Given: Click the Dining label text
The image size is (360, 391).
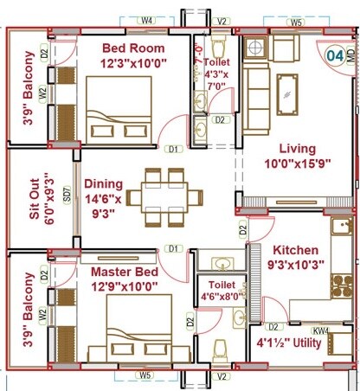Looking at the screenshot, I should point(104,183).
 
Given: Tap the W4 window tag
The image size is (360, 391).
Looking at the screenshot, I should point(147,19).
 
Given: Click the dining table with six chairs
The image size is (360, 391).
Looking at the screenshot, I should point(164,197).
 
